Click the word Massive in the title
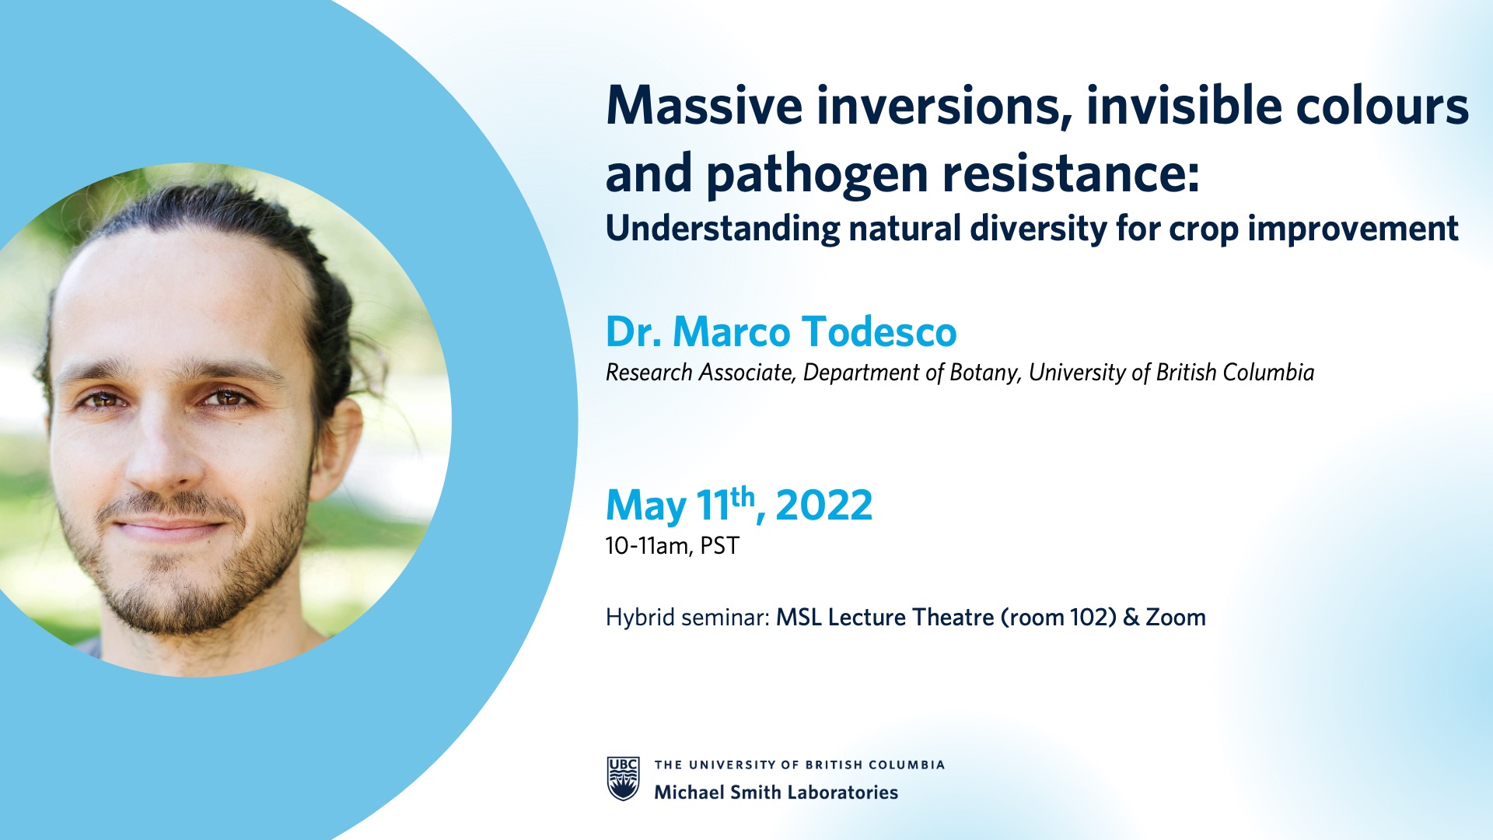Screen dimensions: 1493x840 coord(704,106)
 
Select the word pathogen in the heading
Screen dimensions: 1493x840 coord(816,174)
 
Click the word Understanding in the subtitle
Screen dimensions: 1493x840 coord(722,229)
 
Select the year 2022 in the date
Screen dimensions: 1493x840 coord(824,506)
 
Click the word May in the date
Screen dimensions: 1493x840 coord(645,507)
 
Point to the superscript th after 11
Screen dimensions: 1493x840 coord(743,495)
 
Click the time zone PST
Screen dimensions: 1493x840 coord(719,546)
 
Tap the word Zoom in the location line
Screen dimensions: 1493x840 coord(1176,618)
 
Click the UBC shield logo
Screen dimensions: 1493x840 coord(623,779)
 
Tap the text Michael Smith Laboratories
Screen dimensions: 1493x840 coord(776,793)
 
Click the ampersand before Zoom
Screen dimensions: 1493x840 coord(1131,618)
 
